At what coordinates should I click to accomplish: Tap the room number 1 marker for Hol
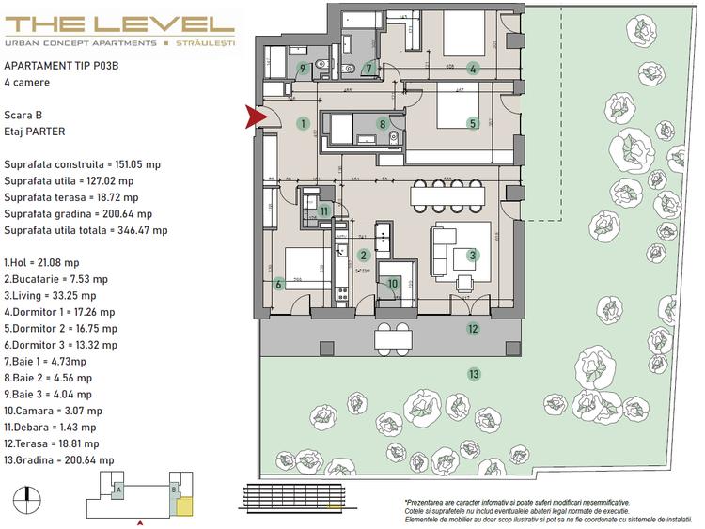coord(302,122)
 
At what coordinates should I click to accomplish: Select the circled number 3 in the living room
coord(473,254)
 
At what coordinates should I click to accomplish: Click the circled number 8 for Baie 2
coord(382,123)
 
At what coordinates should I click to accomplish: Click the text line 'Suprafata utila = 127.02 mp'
coord(69,180)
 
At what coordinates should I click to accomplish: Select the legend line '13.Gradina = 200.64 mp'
coord(60,460)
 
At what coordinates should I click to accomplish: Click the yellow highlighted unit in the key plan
coord(185,508)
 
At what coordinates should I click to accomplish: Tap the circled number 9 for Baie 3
coord(303,68)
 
